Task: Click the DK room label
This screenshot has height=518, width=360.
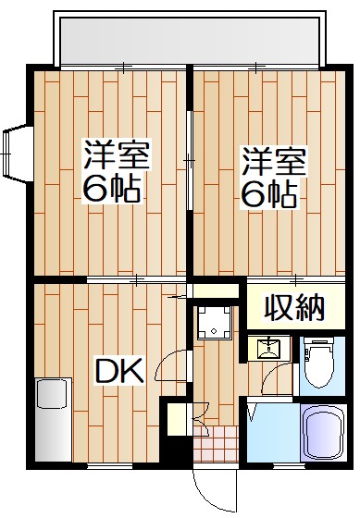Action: (x=119, y=371)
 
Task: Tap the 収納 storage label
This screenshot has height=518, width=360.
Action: (x=295, y=306)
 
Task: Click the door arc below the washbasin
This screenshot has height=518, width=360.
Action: (x=275, y=378)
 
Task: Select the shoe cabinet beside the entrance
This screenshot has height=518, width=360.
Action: (x=174, y=420)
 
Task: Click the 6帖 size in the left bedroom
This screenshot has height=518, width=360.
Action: (x=111, y=190)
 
